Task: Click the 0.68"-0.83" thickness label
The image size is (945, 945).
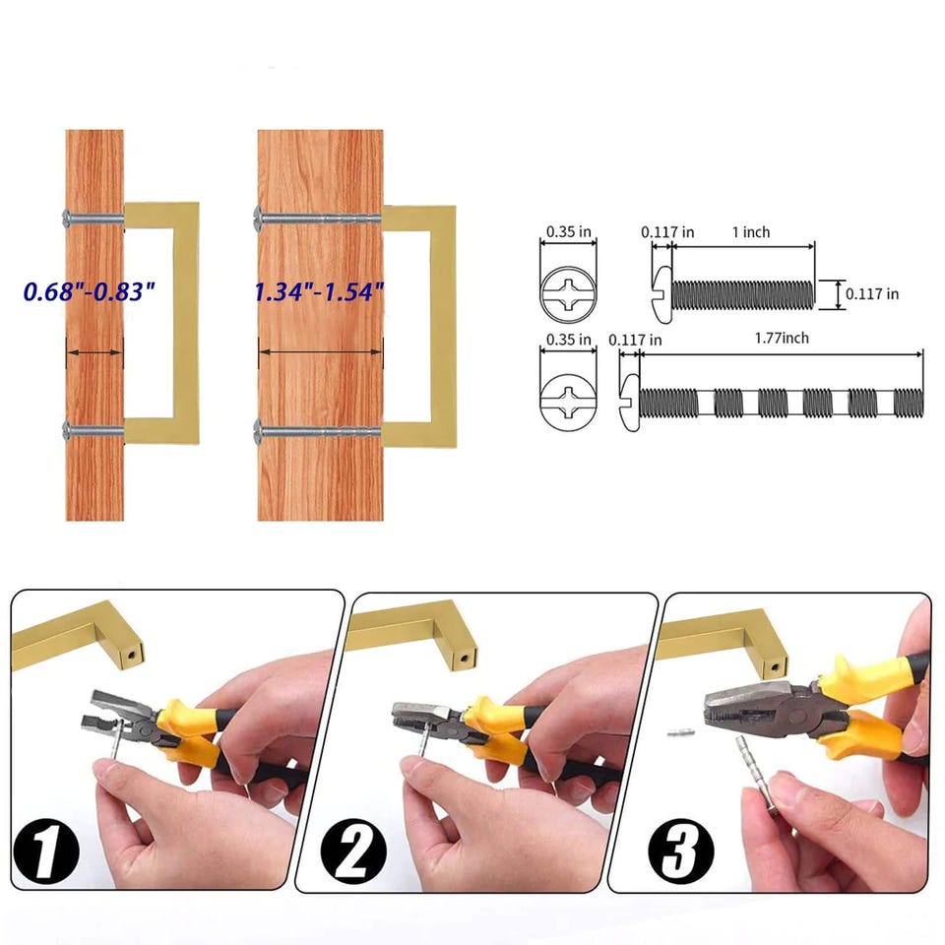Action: coord(90,291)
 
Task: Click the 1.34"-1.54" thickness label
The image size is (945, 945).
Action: coord(319,291)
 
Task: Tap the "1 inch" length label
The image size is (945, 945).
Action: coord(751,232)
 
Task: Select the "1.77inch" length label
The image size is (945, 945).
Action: coord(782,338)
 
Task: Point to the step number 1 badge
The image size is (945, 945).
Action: coord(46,850)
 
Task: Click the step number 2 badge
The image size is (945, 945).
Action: coord(353,850)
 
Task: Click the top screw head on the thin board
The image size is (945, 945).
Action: coord(67,218)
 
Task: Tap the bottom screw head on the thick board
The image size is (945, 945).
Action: coord(259,431)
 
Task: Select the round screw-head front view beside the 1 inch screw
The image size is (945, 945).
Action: coord(568,294)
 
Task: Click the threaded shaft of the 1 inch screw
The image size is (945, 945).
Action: coord(742,294)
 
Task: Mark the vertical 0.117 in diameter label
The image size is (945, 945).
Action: coord(872,294)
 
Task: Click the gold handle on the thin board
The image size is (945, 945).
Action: coord(161,324)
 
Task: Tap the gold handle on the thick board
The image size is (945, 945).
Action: coord(419,327)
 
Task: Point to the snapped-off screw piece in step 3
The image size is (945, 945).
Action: coord(681,732)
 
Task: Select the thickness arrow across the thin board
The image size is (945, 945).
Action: coord(94,352)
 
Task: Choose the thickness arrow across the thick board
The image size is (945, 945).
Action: coord(321,352)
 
